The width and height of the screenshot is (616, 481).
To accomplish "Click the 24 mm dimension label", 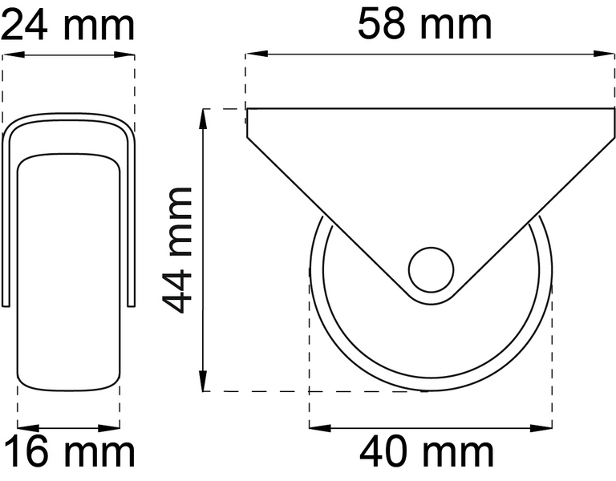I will [67, 25].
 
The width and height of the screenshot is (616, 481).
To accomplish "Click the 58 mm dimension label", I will [425, 24].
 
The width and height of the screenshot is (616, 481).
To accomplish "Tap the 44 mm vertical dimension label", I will [177, 249].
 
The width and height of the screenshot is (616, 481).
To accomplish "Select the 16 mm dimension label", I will [67, 453].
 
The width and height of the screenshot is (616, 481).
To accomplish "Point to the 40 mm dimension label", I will [427, 453].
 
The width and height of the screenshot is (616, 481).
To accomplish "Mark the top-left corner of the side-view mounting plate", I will [247, 110].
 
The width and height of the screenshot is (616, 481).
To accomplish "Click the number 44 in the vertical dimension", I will [177, 289].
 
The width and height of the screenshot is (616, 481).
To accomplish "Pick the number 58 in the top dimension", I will [385, 24].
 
